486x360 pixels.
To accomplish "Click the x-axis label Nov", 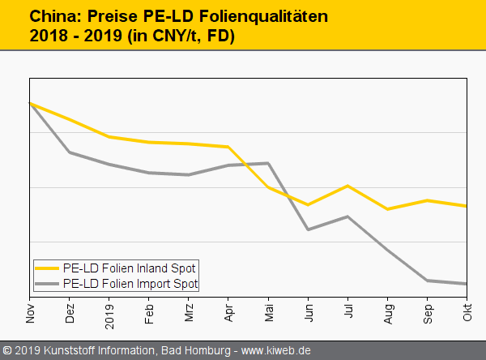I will click(30, 313).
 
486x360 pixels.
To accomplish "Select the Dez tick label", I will click(70, 313).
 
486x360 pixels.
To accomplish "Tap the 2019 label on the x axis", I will click(109, 315).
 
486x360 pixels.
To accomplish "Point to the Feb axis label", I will click(149, 313).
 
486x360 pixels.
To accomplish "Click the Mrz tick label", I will click(189, 313).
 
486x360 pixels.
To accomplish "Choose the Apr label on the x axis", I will click(228, 313).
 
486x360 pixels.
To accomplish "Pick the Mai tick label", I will click(268, 313).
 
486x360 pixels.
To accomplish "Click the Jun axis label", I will click(308, 313).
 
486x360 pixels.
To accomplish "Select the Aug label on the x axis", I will click(388, 313).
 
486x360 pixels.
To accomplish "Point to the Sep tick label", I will click(428, 313).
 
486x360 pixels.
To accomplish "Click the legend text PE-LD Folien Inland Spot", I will click(129, 268).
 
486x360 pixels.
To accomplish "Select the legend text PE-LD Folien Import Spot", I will click(130, 284).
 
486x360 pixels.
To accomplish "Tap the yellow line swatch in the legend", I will click(47, 268).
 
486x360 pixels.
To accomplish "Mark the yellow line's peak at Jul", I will click(347, 186).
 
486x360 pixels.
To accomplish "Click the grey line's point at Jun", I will click(308, 229).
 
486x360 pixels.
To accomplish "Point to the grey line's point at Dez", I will click(70, 152).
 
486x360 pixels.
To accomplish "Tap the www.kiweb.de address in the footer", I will click(275, 351).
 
